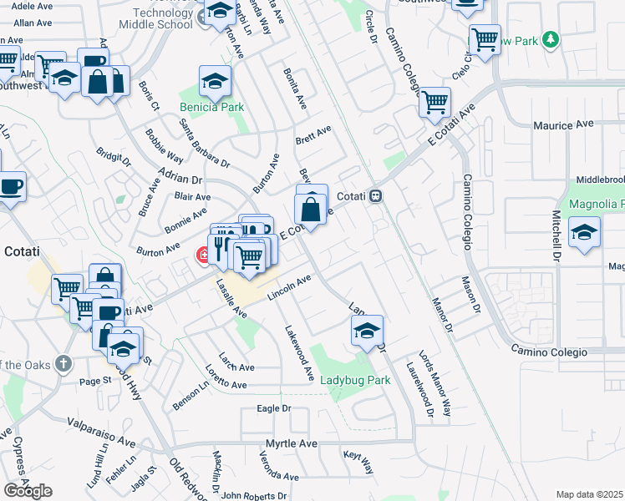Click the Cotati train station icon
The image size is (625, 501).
377,195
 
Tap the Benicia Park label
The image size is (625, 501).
211,107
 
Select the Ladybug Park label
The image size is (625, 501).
356,380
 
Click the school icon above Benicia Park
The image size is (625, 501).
215,82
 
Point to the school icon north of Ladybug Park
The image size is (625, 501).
367,331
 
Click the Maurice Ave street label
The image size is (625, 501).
563,125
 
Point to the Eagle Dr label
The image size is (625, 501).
273,409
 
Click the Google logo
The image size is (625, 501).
28,491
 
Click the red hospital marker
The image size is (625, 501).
201,255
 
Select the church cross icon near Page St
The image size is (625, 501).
64,363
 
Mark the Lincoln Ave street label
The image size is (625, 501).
289,289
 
